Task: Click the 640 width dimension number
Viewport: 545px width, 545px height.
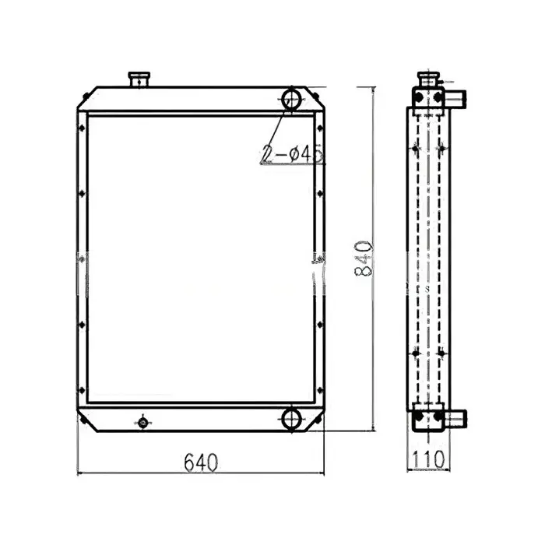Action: (x=201, y=461)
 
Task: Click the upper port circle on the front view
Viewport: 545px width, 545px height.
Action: (x=292, y=98)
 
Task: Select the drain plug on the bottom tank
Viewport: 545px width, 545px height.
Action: (x=142, y=423)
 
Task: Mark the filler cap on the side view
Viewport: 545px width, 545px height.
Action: (x=427, y=79)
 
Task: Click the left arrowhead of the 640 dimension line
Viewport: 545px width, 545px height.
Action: (x=83, y=472)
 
